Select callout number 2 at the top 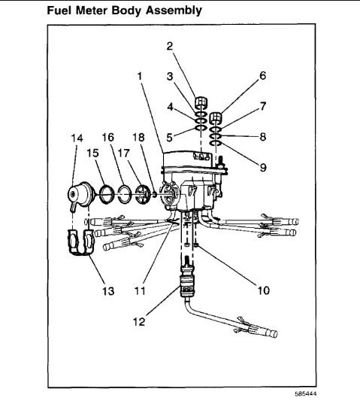point(170,45)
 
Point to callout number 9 point(263,168)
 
